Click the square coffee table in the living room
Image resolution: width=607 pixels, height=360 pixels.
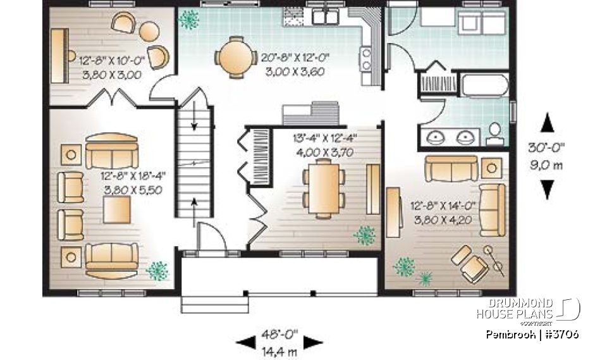(117, 209)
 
